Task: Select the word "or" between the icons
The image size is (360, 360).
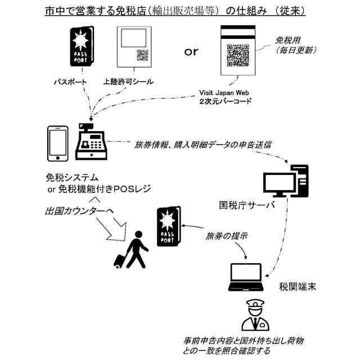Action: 191,52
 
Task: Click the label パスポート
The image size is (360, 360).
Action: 71,82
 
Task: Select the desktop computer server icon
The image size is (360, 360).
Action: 286,181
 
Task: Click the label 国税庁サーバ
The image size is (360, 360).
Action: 247,205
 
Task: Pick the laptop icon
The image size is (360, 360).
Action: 245,277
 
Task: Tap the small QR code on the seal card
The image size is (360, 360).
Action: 142,55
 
